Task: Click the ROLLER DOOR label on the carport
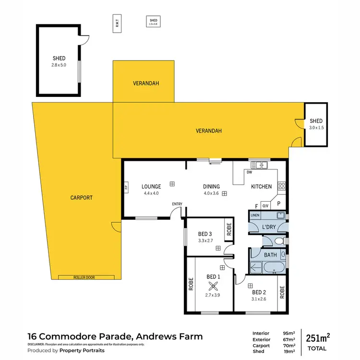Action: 86,277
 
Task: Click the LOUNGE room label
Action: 151,186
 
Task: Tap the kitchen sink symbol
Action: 262,166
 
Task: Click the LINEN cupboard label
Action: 255,216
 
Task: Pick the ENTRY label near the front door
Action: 178,204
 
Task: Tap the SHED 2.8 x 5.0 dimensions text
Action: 59,65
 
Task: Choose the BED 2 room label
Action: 259,292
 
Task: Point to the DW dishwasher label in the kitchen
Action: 249,172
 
